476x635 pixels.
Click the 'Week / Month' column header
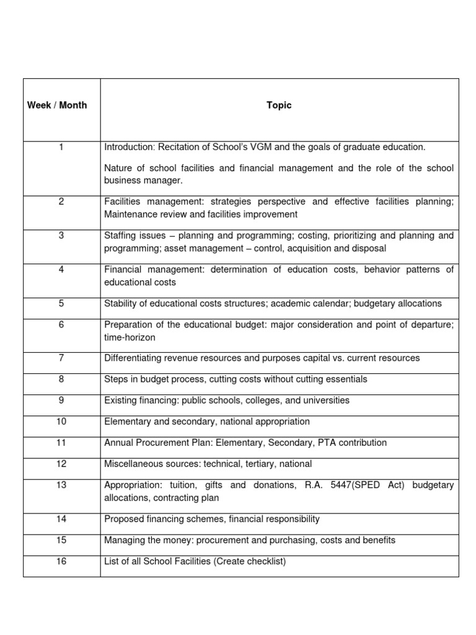[x=57, y=105]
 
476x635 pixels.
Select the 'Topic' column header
[x=279, y=105]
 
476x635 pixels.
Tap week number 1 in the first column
[x=61, y=147]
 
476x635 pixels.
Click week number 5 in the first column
[x=61, y=303]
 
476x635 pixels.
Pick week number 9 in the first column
[x=61, y=400]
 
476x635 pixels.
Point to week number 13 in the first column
[x=61, y=485]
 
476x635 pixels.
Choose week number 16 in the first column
[x=61, y=561]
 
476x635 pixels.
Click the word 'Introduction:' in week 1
[x=129, y=147]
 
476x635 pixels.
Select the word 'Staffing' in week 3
[x=120, y=236]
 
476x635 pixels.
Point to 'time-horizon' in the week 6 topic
[x=130, y=337]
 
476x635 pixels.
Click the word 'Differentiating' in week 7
[x=132, y=358]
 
